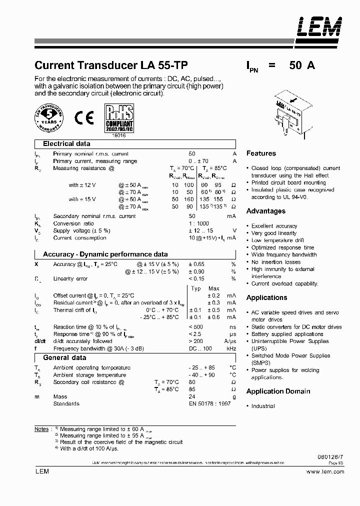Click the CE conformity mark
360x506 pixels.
click(x=83, y=118)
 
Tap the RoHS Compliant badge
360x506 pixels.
click(x=118, y=118)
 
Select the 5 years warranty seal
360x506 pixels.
click(x=50, y=118)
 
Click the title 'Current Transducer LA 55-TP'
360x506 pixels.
click(x=111, y=65)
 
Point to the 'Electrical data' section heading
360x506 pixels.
click(x=66, y=143)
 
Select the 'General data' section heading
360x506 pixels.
click(x=64, y=357)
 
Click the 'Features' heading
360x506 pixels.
click(x=261, y=153)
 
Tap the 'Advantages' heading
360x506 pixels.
click(x=266, y=211)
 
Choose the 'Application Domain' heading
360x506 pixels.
click(x=278, y=391)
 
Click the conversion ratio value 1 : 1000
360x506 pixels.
click(x=199, y=223)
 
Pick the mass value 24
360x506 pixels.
click(x=192, y=396)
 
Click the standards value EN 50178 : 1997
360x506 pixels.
click(x=209, y=403)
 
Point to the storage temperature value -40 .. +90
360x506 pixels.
click(x=201, y=375)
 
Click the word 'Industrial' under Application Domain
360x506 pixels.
click(x=263, y=406)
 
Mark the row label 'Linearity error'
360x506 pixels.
click(x=70, y=278)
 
